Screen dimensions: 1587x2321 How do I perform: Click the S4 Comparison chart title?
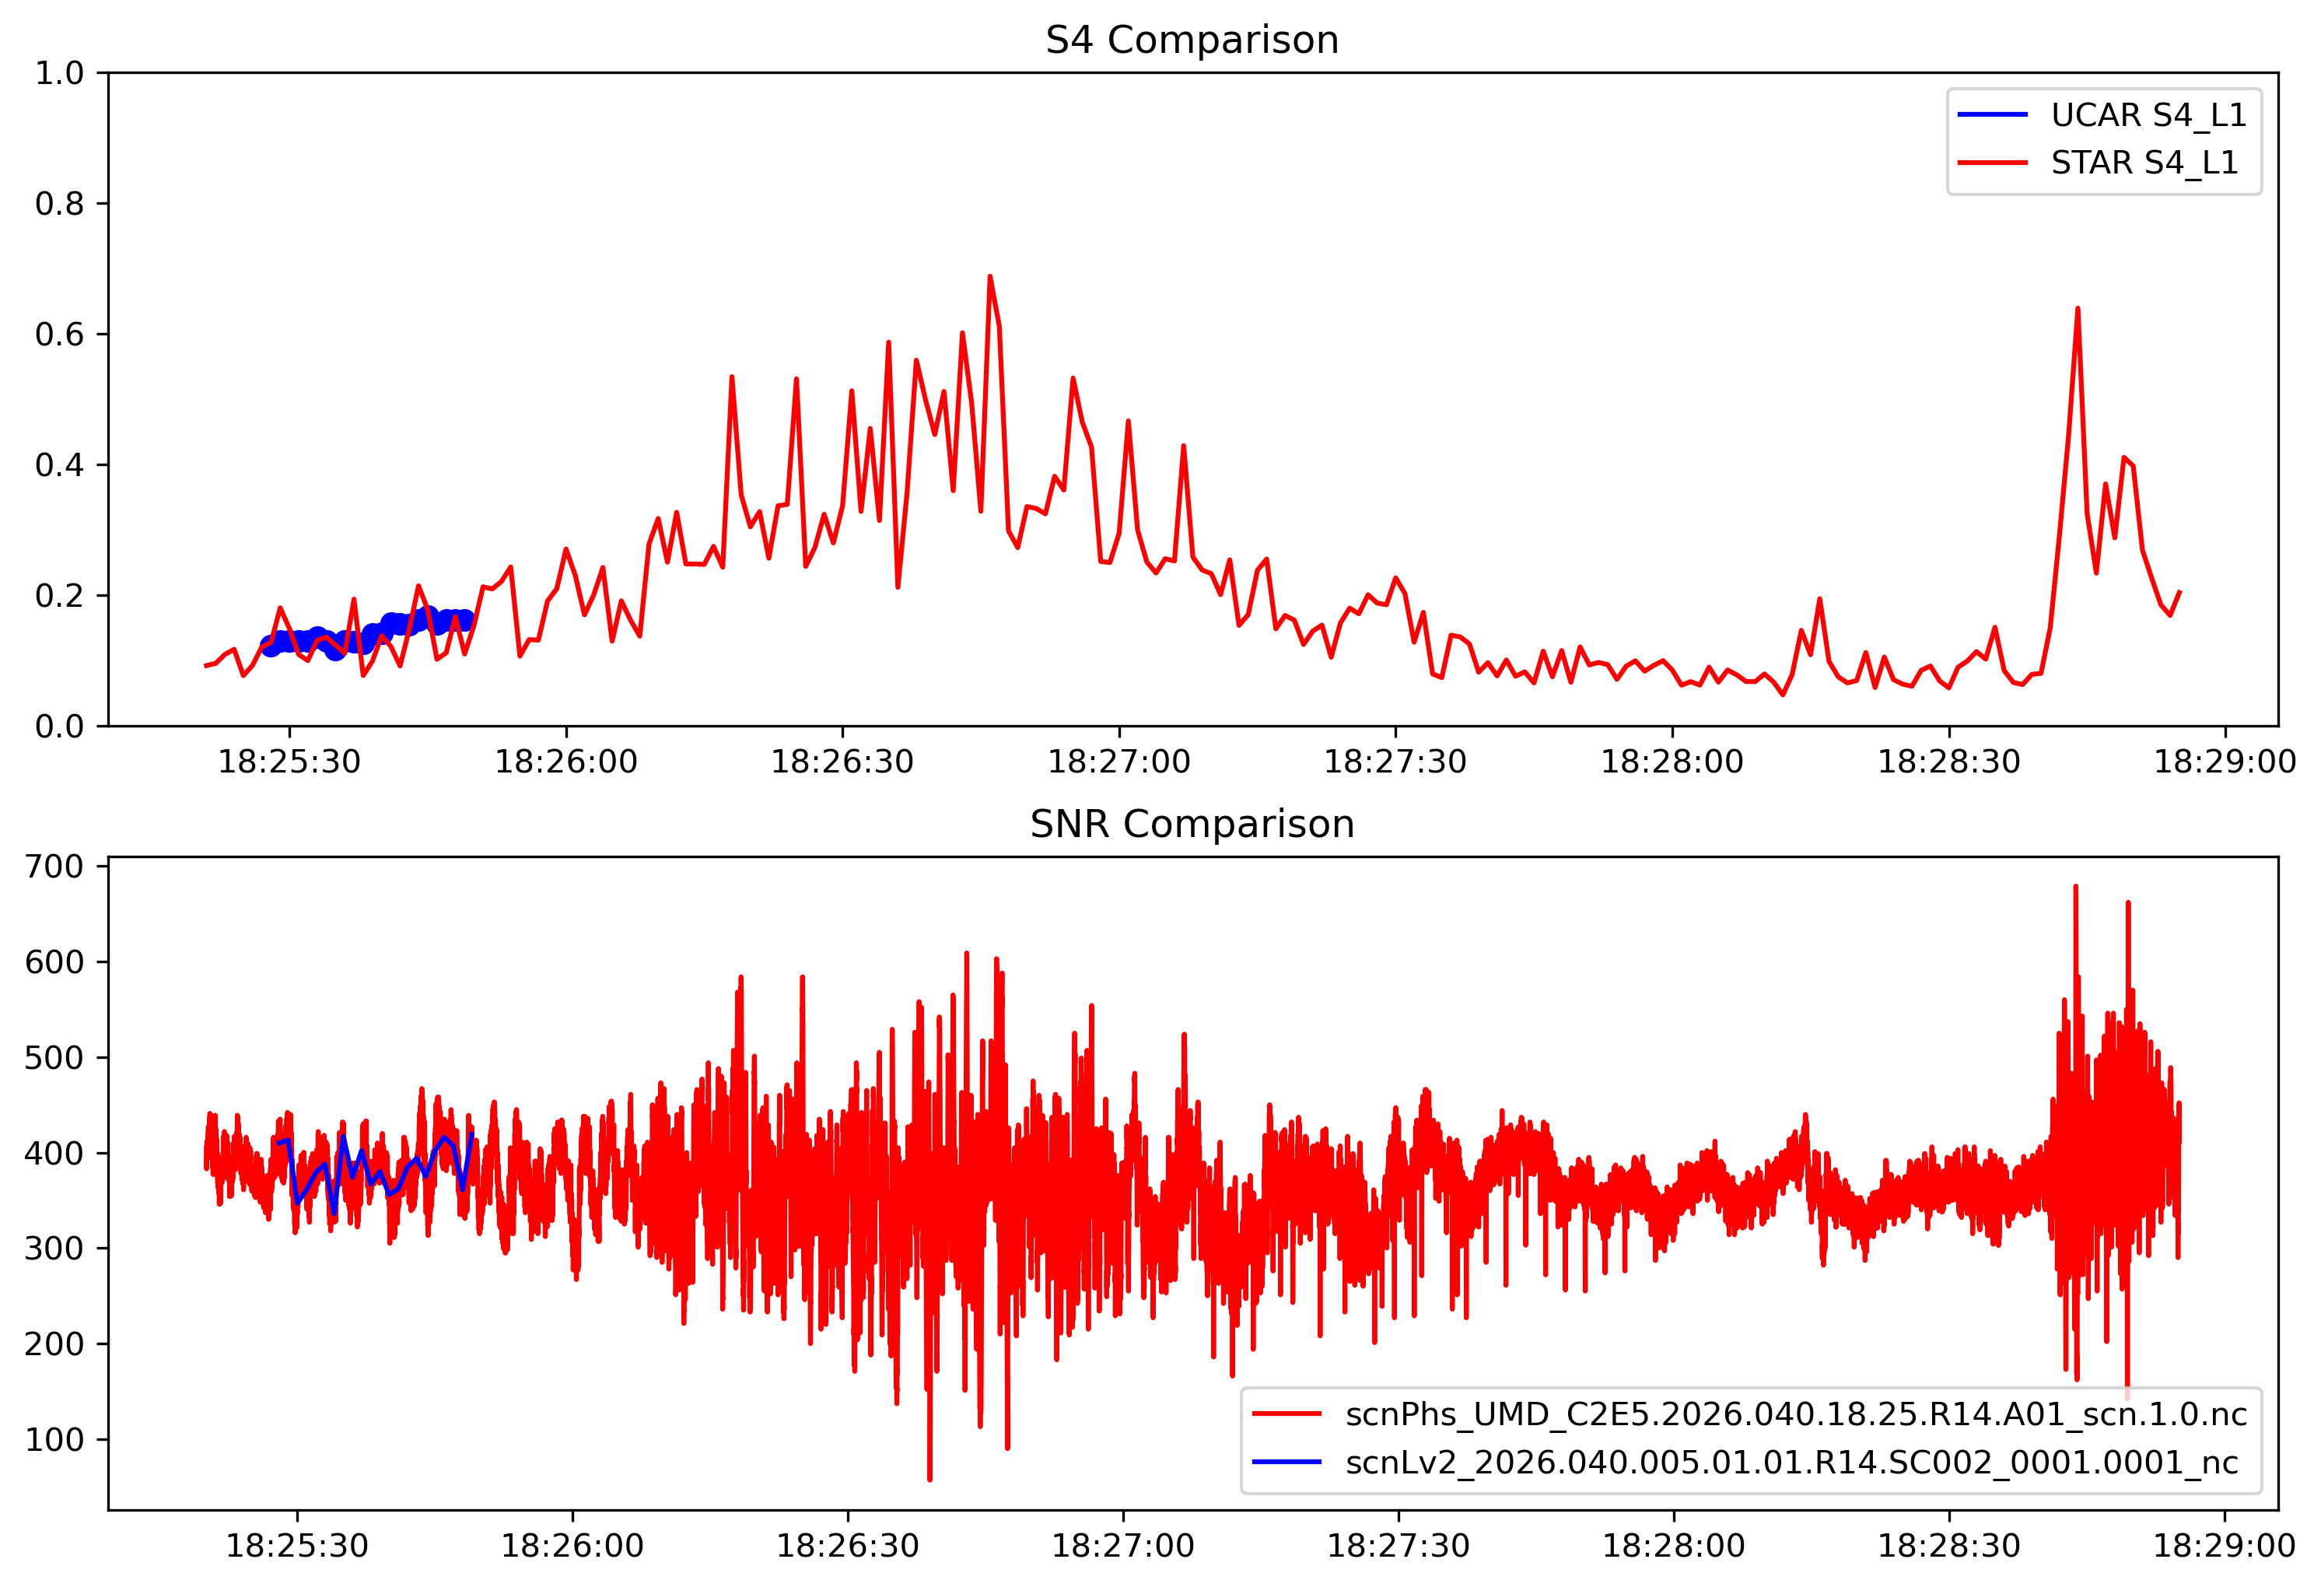tap(1192, 40)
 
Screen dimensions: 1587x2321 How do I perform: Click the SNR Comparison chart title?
tap(1192, 824)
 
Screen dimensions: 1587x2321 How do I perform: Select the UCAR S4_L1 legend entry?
tap(2148, 115)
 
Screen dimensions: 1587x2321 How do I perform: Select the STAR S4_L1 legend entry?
tap(2144, 162)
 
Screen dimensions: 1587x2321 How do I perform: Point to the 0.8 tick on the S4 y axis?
tap(59, 204)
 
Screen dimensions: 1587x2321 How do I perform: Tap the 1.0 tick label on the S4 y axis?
tap(59, 73)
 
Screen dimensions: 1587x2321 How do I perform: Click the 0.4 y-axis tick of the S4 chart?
tap(59, 465)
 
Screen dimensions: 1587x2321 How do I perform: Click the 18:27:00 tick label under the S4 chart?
tap(1118, 762)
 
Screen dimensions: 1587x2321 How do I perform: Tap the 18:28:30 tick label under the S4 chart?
tap(1948, 762)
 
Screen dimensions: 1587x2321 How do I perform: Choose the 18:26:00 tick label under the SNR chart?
tap(572, 1546)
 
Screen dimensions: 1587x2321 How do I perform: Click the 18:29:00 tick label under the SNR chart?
tap(2224, 1546)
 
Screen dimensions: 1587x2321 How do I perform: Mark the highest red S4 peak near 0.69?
tap(989, 277)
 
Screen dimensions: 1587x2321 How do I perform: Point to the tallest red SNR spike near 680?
tap(2075, 887)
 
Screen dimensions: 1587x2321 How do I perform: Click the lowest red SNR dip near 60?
tap(929, 1478)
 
